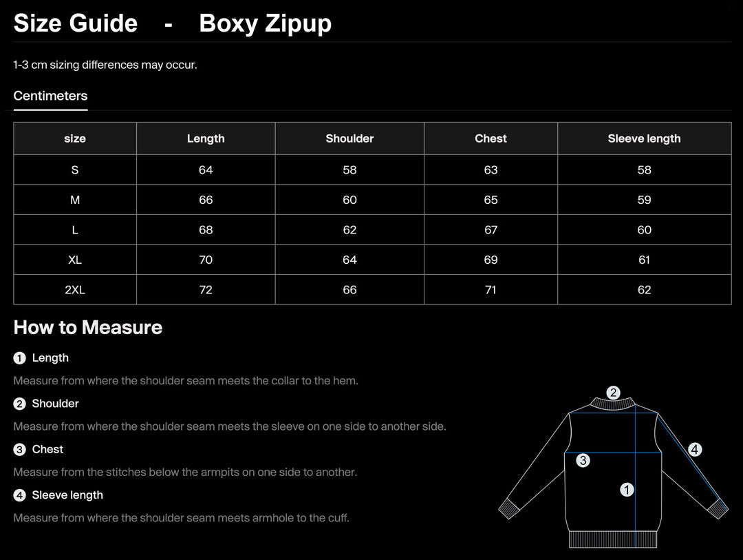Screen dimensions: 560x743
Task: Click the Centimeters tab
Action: (50, 96)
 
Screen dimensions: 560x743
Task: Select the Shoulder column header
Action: (349, 138)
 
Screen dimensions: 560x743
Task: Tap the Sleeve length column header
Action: (644, 138)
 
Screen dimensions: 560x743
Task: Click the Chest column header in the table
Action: (491, 138)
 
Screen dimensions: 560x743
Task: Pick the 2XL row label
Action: (75, 290)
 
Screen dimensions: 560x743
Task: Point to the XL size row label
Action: (75, 260)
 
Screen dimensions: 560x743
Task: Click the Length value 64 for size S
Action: (206, 170)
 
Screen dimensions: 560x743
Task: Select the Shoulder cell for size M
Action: (349, 200)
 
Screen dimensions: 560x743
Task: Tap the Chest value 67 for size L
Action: (491, 230)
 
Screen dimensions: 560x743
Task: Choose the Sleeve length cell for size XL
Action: (644, 260)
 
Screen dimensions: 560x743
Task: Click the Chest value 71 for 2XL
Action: (491, 290)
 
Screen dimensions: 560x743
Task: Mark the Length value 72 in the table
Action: (206, 290)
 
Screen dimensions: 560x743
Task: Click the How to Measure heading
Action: (88, 327)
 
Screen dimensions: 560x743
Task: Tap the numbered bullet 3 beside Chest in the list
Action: (19, 450)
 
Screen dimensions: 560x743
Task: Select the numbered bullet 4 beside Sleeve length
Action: (19, 495)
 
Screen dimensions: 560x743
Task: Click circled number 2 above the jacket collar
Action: (613, 393)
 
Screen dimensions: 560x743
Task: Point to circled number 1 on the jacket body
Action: (627, 490)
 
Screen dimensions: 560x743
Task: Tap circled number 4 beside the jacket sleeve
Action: (695, 450)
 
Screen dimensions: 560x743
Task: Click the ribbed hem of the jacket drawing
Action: (612, 539)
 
